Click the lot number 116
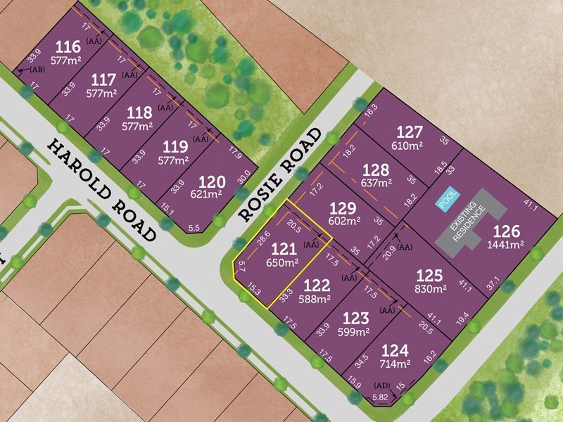tap(67, 48)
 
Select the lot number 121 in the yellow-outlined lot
tap(284, 249)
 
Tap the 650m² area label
tap(282, 263)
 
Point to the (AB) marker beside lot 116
tap(37, 69)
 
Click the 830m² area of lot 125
tap(430, 288)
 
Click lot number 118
tap(139, 113)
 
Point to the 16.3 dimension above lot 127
tap(371, 108)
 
